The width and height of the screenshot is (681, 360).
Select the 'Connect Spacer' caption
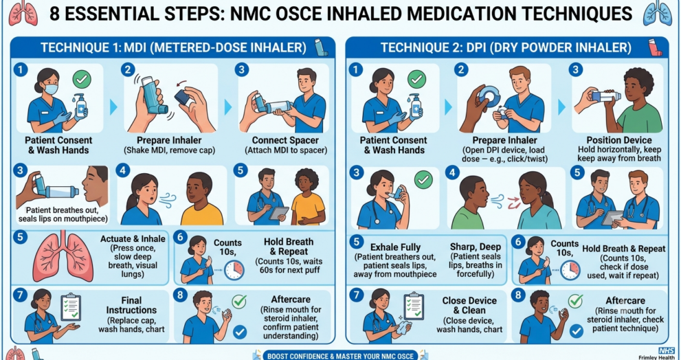(282, 140)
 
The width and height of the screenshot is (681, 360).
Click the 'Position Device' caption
(619, 140)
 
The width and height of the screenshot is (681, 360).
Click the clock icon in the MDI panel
(234, 269)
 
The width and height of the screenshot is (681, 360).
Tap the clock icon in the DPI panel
(570, 269)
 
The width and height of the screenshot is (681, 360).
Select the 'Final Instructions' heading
(131, 305)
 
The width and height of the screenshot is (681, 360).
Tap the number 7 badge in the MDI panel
(19, 295)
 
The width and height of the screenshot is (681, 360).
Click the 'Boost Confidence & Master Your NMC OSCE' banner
(341, 356)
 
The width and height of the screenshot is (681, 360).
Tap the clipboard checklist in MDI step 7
(71, 308)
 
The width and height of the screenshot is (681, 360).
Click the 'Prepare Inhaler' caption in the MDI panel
(169, 140)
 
